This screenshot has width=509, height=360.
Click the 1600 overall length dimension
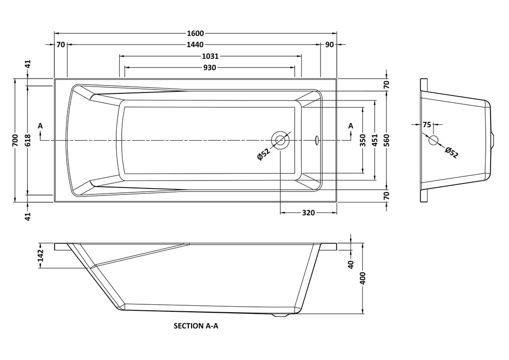[195, 33]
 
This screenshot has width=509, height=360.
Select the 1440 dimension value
[195, 45]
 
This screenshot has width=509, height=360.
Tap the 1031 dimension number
[211, 57]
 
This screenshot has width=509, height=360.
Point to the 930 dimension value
[210, 68]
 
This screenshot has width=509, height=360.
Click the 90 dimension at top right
[329, 45]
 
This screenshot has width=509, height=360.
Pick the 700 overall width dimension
[15, 141]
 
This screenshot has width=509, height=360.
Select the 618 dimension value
[28, 141]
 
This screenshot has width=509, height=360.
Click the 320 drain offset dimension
[309, 213]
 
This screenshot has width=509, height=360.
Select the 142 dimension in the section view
[41, 256]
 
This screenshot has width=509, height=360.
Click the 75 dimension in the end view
[427, 125]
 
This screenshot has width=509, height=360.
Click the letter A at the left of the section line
[40, 126]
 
